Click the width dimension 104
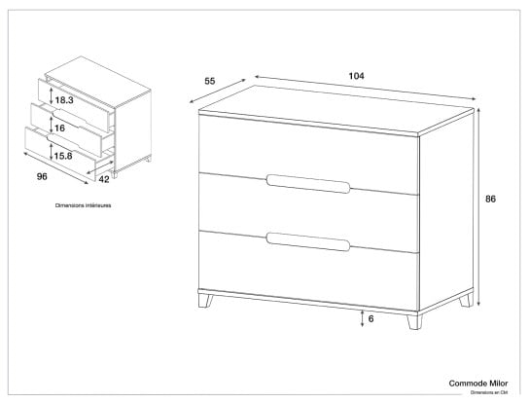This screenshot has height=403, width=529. point(356,76)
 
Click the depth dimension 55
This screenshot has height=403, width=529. point(210,81)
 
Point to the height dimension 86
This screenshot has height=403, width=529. point(490,199)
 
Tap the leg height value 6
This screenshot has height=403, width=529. point(371,318)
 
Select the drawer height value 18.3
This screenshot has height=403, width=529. point(64,100)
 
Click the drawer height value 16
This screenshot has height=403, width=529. point(59,128)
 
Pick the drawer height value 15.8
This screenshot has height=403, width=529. point(63,156)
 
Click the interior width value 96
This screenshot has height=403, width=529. point(42,176)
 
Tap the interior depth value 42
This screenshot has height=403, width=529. point(104,179)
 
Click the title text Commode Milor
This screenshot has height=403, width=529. point(478,384)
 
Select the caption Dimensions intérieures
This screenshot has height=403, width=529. point(83,205)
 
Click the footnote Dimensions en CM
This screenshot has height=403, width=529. point(489,392)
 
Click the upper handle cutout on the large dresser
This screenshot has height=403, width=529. point(308,184)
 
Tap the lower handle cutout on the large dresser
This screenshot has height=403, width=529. point(308,241)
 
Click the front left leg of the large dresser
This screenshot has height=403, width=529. point(205,301)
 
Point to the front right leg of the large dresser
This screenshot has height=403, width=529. point(414,322)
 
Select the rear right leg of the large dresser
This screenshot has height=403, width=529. point(466,300)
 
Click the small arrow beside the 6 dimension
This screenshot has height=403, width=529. point(362,318)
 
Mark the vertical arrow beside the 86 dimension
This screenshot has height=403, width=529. point(478,206)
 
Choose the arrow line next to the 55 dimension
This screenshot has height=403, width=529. point(218,91)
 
